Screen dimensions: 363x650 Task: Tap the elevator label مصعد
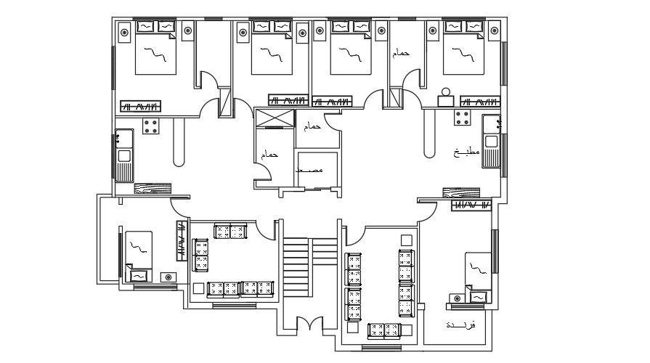pos(310,169)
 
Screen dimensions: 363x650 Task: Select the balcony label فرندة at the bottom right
pos(460,325)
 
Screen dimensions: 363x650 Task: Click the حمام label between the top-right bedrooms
pos(400,53)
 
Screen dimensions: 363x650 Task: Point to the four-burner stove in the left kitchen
pos(152,126)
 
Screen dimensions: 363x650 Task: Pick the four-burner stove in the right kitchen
pos(463,118)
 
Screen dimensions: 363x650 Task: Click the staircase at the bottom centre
pos(296,269)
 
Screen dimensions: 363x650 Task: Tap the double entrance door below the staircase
pos(308,325)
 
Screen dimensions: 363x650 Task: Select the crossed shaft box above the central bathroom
pos(275,118)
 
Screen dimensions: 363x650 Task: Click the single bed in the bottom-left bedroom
pos(137,255)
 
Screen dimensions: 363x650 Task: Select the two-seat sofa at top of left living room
pos(230,231)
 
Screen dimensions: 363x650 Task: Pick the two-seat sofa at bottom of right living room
pos(385,331)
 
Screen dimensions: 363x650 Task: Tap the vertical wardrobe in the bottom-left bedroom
pos(179,240)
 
